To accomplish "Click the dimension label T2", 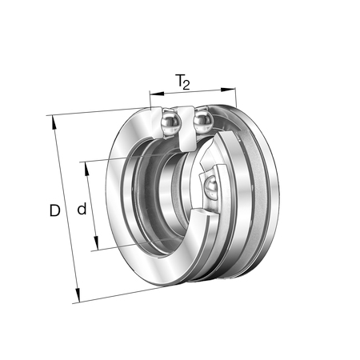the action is [183, 82].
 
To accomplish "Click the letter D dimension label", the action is [54, 210].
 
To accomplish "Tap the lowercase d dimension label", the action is [82, 209].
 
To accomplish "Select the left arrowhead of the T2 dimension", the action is [157, 94].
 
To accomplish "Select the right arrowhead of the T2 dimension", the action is [229, 90].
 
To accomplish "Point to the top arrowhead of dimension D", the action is [54, 122].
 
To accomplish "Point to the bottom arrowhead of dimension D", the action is [78, 295].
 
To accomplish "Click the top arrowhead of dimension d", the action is [86, 169].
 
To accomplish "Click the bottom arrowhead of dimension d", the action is [96, 243].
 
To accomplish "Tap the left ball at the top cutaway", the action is [171, 123].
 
